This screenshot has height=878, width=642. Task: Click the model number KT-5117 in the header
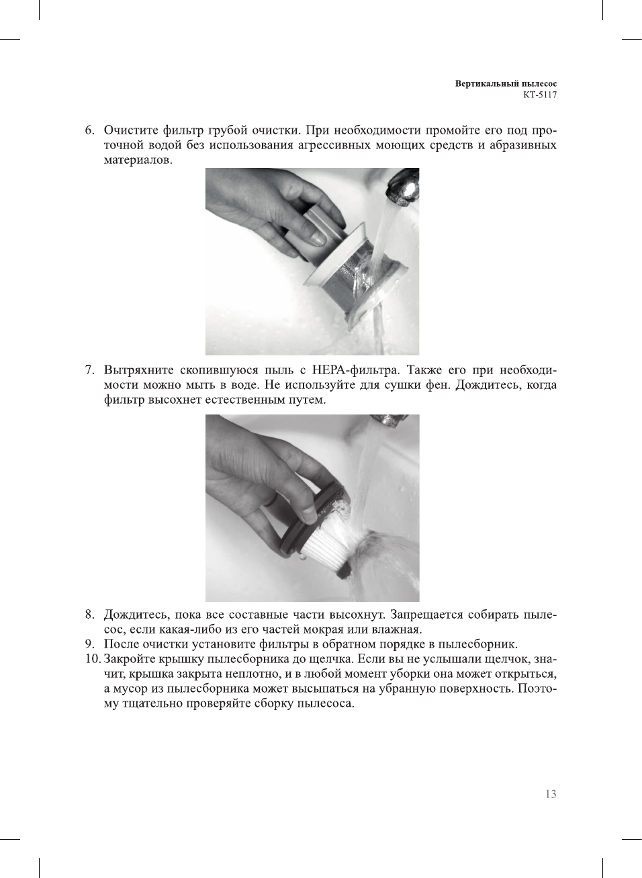pyautogui.click(x=540, y=95)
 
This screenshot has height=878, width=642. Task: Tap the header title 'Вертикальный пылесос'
pyautogui.click(x=506, y=84)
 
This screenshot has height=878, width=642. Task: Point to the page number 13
pyautogui.click(x=551, y=794)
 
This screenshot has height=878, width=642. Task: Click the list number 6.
pyautogui.click(x=89, y=130)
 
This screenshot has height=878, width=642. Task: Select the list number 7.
pyautogui.click(x=89, y=370)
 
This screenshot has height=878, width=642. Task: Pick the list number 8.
pyautogui.click(x=89, y=615)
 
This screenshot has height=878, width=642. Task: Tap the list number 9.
pyautogui.click(x=89, y=644)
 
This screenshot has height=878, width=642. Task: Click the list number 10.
pyautogui.click(x=93, y=659)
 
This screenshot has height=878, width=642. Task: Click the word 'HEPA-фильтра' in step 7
pyautogui.click(x=356, y=370)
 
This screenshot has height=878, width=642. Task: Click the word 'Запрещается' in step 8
pyautogui.click(x=429, y=615)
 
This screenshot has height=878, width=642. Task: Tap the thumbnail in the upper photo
pyautogui.click(x=315, y=238)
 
